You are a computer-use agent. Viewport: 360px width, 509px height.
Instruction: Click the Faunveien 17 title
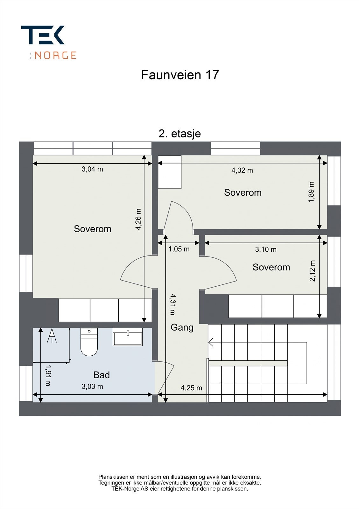click(180, 75)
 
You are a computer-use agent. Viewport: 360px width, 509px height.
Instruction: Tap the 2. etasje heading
click(180, 134)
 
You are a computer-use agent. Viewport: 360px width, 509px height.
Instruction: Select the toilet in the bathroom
click(89, 342)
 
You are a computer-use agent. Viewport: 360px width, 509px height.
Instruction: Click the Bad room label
click(101, 375)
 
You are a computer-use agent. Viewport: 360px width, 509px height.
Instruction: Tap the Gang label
click(182, 327)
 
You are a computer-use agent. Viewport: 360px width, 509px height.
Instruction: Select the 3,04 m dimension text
click(92, 169)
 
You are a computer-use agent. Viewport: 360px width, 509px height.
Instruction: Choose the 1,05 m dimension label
click(179, 249)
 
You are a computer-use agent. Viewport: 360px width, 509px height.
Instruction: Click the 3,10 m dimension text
click(265, 250)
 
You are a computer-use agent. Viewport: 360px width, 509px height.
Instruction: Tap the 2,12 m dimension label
click(313, 271)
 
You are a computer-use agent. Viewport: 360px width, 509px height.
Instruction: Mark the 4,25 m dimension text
click(191, 388)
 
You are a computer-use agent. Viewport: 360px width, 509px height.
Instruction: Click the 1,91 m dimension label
click(48, 375)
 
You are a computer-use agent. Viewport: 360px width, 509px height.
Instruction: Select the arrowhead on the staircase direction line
click(211, 342)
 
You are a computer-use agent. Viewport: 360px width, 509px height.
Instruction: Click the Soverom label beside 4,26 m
click(92, 229)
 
